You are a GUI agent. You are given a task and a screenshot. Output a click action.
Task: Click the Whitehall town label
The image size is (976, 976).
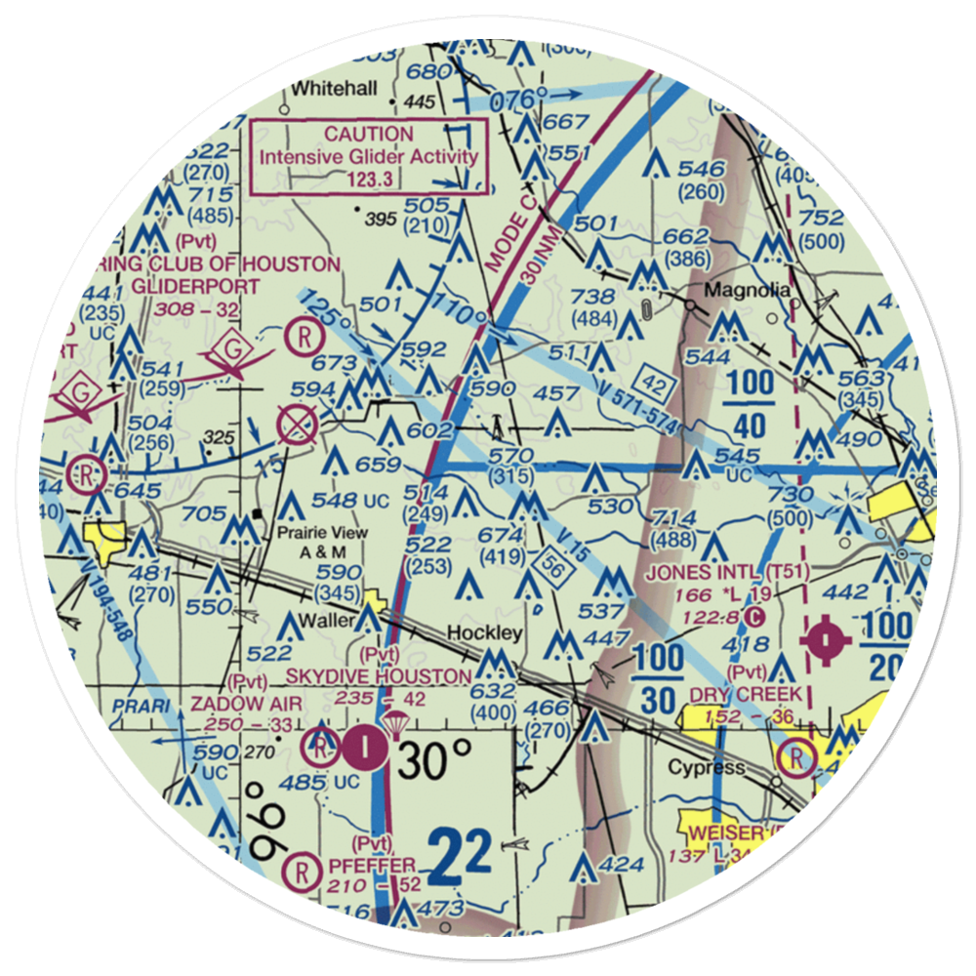click(334, 89)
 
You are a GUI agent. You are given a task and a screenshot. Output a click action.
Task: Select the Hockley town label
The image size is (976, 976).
click(484, 633)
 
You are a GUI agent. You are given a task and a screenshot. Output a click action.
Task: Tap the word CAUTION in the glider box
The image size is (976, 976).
click(369, 134)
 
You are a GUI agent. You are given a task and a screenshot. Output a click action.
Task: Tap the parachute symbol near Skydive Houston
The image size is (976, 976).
click(395, 724)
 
